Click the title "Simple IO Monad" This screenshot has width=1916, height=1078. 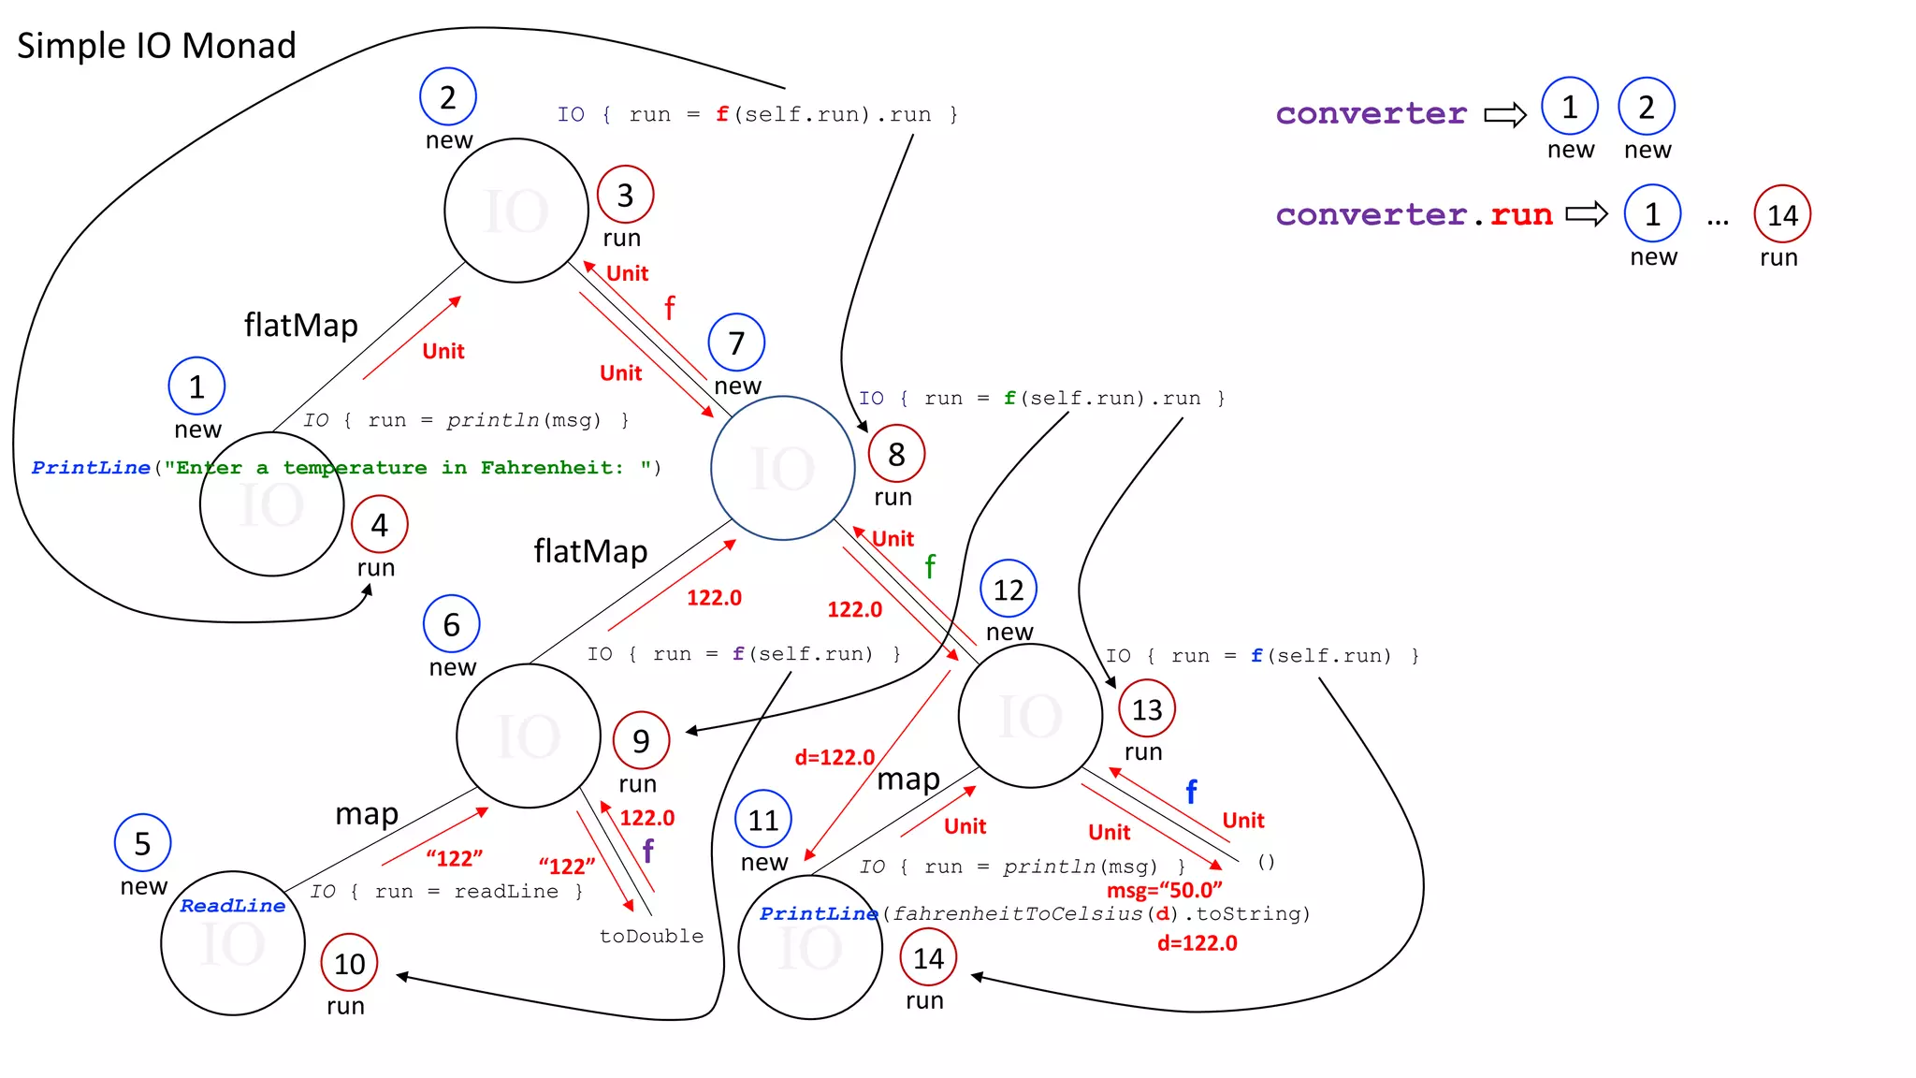[x=156, y=46]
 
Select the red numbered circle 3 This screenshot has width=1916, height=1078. [x=625, y=195]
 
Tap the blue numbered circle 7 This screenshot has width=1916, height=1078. [x=736, y=342]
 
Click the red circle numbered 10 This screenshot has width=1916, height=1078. [x=349, y=963]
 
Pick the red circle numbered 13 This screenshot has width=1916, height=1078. [x=1146, y=709]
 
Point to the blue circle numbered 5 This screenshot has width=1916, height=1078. [x=142, y=843]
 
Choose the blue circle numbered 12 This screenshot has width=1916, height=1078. [x=1008, y=590]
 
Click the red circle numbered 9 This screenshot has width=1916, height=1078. [x=641, y=740]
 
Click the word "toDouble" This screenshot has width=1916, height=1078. [x=651, y=936]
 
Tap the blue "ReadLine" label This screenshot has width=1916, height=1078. [x=232, y=906]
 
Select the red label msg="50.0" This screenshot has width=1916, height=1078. [x=1164, y=890]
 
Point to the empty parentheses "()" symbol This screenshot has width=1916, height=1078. [x=1266, y=862]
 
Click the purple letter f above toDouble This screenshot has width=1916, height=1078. [x=647, y=851]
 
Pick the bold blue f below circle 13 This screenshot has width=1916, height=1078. [x=1191, y=793]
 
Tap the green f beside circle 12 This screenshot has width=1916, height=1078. [x=930, y=566]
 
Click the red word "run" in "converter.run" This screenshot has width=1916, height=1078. [x=1521, y=215]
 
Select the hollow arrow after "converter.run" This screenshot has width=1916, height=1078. [x=1587, y=214]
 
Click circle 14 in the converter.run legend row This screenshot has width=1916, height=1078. [x=1782, y=215]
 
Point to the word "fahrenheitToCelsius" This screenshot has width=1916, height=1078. [x=1017, y=914]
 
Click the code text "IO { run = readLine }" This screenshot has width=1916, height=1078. [x=446, y=892]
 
